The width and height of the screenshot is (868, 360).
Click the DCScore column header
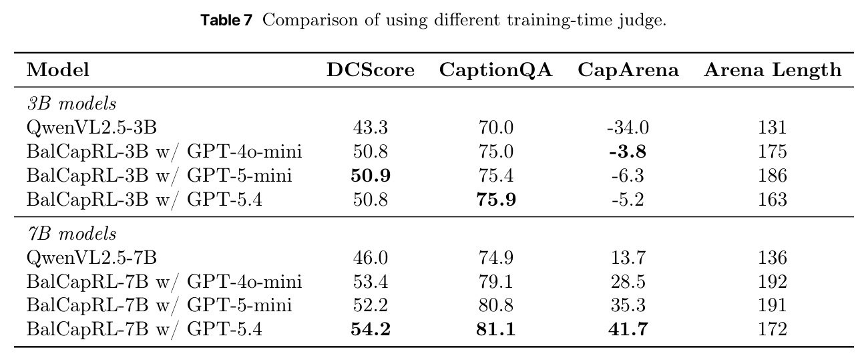(x=371, y=70)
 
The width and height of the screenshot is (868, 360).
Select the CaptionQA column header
(x=495, y=71)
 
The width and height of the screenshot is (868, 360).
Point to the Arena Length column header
(x=773, y=71)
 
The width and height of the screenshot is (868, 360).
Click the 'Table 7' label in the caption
(x=227, y=20)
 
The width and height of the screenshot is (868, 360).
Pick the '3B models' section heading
(x=71, y=104)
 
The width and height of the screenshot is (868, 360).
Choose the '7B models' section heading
(x=71, y=234)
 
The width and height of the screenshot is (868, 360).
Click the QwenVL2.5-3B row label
(x=91, y=128)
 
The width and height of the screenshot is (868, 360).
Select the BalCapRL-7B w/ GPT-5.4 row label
(x=144, y=329)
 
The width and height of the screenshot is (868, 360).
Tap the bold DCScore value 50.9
(x=371, y=176)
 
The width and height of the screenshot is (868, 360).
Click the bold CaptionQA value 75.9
(x=496, y=200)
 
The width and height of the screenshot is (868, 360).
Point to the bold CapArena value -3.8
(x=628, y=152)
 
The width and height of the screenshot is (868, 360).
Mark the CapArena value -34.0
(x=628, y=128)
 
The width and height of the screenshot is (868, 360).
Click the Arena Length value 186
(x=773, y=176)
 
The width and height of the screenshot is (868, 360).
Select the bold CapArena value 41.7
(x=628, y=329)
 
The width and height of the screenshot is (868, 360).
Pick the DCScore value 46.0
(x=371, y=258)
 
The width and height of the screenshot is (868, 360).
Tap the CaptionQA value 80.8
(x=496, y=305)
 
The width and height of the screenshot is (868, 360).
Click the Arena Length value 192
(x=773, y=282)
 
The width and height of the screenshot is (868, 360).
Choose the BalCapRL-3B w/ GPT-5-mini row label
(x=159, y=176)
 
